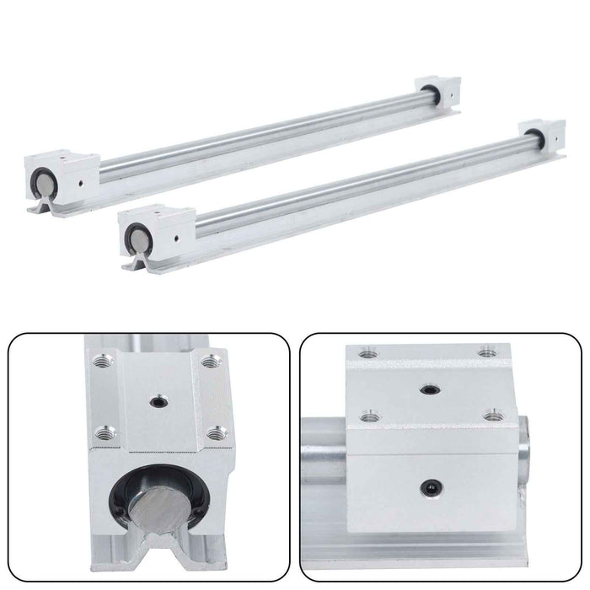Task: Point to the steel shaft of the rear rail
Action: click(x=253, y=134)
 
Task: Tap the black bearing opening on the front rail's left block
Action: click(x=136, y=233)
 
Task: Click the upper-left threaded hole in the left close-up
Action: click(x=104, y=359)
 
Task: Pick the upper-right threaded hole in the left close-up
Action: click(x=210, y=361)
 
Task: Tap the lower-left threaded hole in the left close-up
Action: click(x=105, y=433)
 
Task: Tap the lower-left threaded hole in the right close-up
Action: click(x=367, y=414)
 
